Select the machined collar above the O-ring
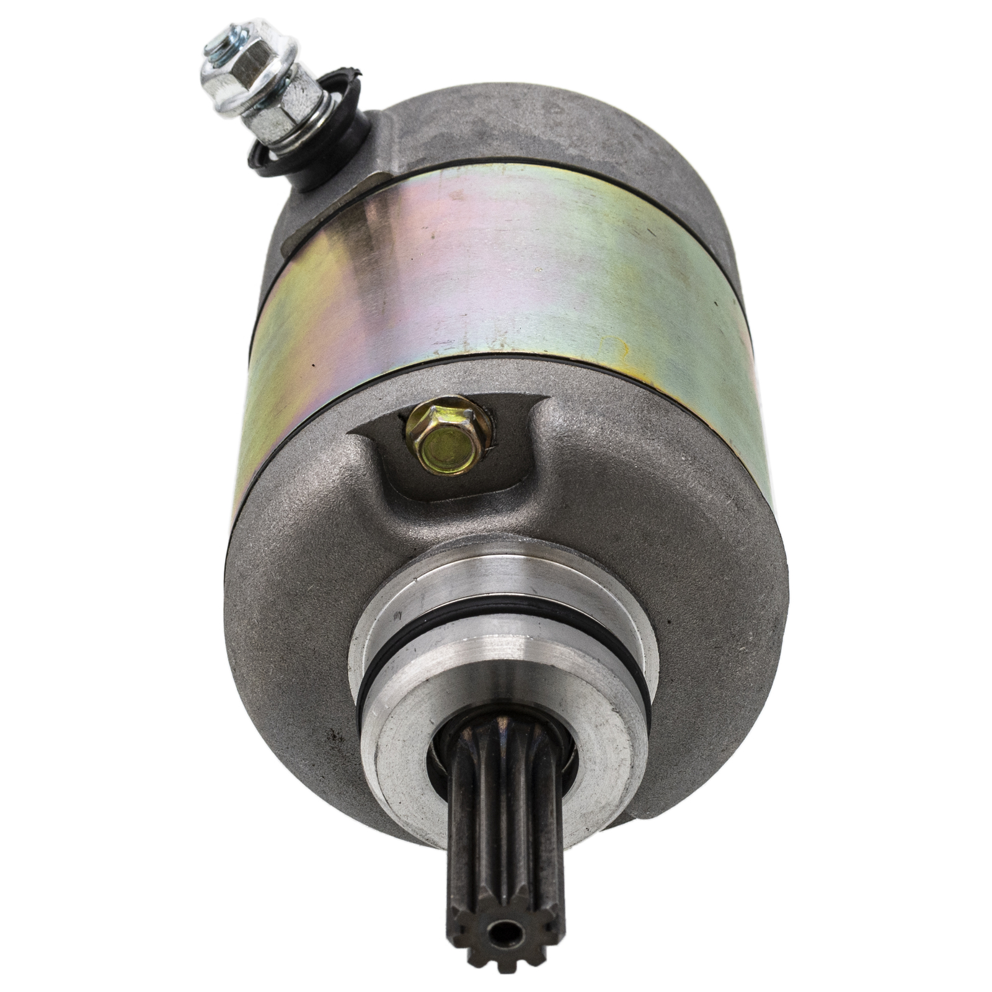[496, 573]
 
